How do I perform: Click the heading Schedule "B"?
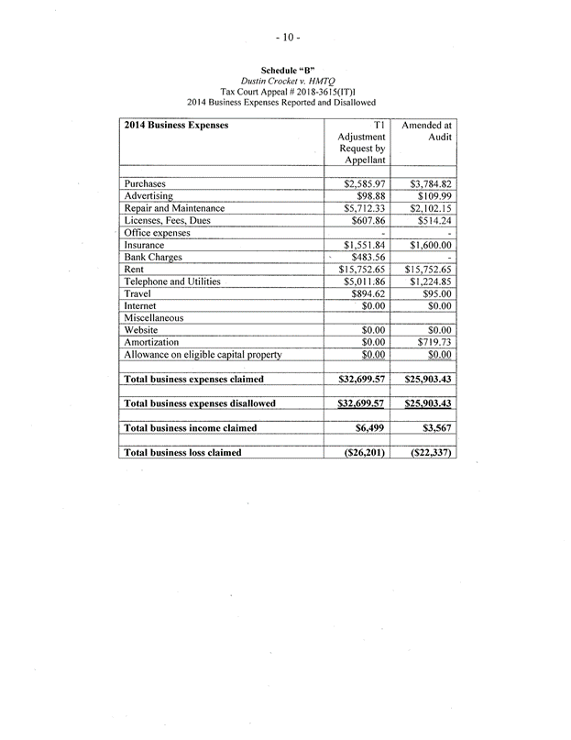click(x=285, y=69)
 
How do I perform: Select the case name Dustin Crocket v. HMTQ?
click(x=285, y=80)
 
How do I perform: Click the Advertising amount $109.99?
click(x=433, y=196)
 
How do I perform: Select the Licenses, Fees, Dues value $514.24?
click(x=433, y=221)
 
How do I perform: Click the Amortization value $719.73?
click(x=433, y=341)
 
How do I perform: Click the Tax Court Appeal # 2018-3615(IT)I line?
click(x=285, y=91)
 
